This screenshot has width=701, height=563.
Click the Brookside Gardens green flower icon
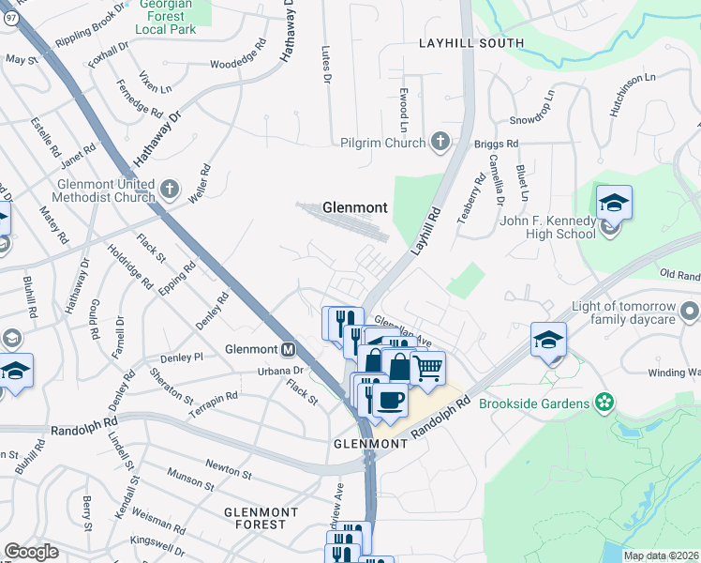coord(604,403)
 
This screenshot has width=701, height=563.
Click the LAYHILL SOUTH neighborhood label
coord(459,43)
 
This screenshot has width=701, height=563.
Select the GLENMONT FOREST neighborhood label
coord(261,518)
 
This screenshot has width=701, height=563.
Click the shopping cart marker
coord(427,367)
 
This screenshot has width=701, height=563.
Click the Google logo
coord(31,552)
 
